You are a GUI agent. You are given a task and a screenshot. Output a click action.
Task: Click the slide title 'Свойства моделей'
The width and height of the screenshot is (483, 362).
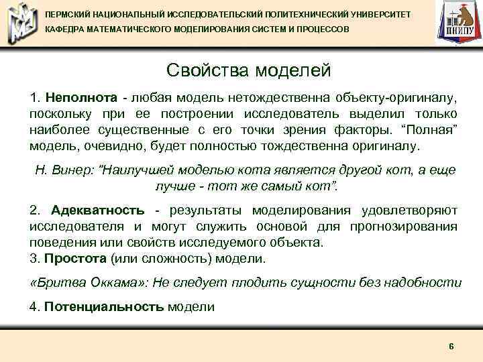[x=248, y=70]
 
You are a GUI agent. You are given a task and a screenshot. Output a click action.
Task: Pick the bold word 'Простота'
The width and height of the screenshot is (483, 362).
[x=74, y=258]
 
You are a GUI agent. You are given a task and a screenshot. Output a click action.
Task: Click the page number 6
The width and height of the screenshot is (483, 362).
[x=451, y=346]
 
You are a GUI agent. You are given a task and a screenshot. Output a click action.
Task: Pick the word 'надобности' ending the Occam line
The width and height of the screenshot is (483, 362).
[x=428, y=282]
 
